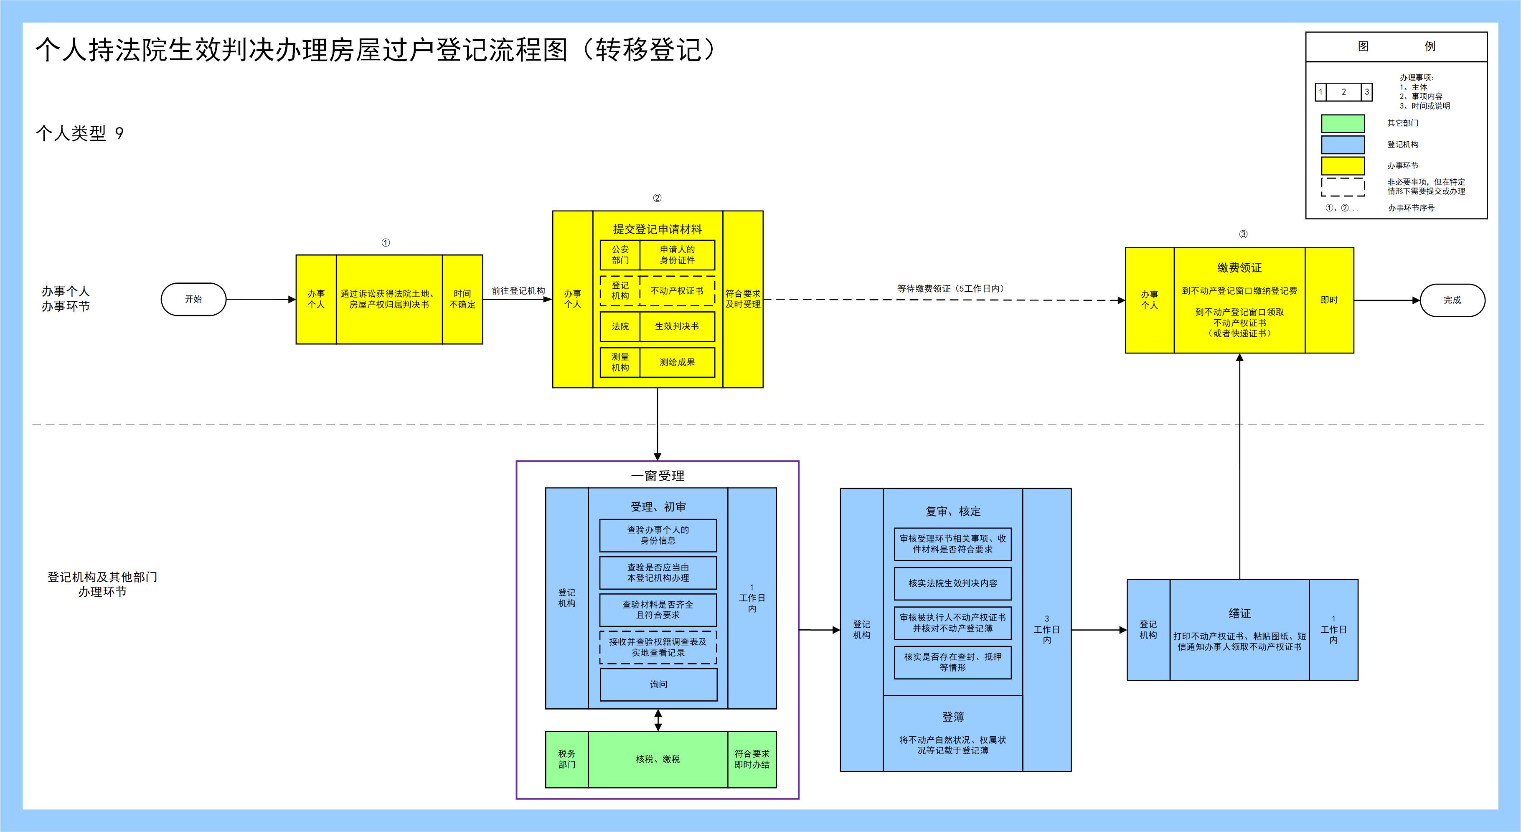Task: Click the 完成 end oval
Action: click(1452, 300)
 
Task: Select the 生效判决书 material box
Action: click(677, 326)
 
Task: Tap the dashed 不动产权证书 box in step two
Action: click(677, 290)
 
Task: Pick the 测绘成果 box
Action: click(677, 362)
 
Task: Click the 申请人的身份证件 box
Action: click(677, 254)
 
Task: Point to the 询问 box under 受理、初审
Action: click(658, 684)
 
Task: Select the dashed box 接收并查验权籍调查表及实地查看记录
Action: click(658, 647)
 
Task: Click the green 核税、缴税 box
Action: click(658, 759)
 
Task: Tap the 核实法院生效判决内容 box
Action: click(952, 583)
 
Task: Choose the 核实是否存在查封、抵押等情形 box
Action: click(952, 662)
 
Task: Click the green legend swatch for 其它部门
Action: click(1343, 123)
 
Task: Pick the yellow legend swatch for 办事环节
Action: click(1343, 166)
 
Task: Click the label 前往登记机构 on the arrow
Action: click(518, 290)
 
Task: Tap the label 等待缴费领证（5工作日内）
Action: click(950, 289)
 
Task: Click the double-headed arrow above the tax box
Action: click(658, 720)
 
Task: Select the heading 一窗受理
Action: click(657, 476)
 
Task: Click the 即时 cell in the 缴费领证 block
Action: click(1329, 300)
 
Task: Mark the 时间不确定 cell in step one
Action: click(462, 299)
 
